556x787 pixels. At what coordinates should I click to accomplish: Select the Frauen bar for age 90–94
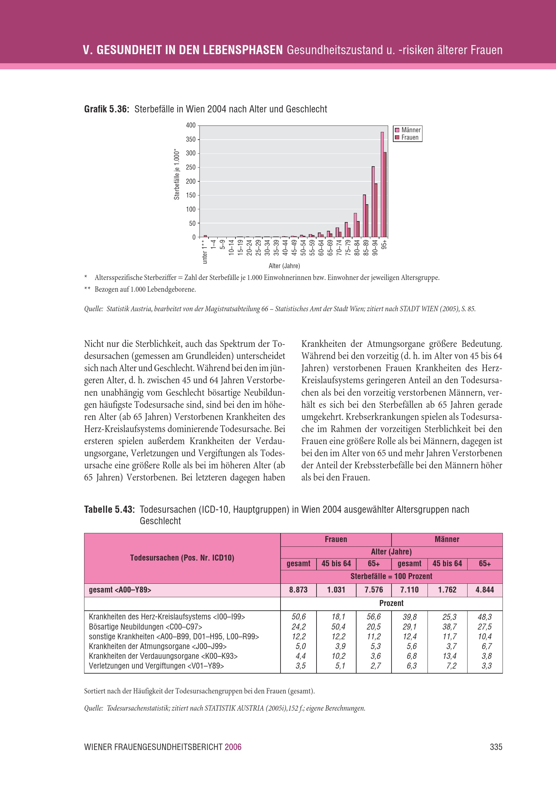(376, 210)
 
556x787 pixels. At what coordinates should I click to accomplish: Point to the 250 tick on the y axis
(190, 167)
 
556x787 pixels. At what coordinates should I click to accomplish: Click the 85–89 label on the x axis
(366, 247)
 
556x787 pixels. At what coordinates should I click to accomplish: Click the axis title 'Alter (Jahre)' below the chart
(284, 266)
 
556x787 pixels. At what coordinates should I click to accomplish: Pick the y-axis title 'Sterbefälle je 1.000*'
(177, 174)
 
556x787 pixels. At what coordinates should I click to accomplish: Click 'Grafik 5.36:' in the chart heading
(107, 109)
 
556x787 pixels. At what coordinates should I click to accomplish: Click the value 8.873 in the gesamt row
(298, 590)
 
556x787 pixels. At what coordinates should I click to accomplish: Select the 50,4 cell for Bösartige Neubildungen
(338, 627)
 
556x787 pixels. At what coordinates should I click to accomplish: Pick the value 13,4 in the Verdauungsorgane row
(449, 656)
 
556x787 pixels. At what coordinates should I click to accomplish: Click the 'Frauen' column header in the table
(336, 539)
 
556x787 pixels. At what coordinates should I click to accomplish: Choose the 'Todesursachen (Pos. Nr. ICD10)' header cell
(182, 558)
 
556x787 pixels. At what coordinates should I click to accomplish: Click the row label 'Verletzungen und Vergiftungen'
(156, 666)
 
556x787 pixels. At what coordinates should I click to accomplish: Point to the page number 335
(496, 747)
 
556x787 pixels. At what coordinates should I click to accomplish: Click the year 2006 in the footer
(233, 747)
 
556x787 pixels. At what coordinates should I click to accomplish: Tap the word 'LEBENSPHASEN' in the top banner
(243, 50)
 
